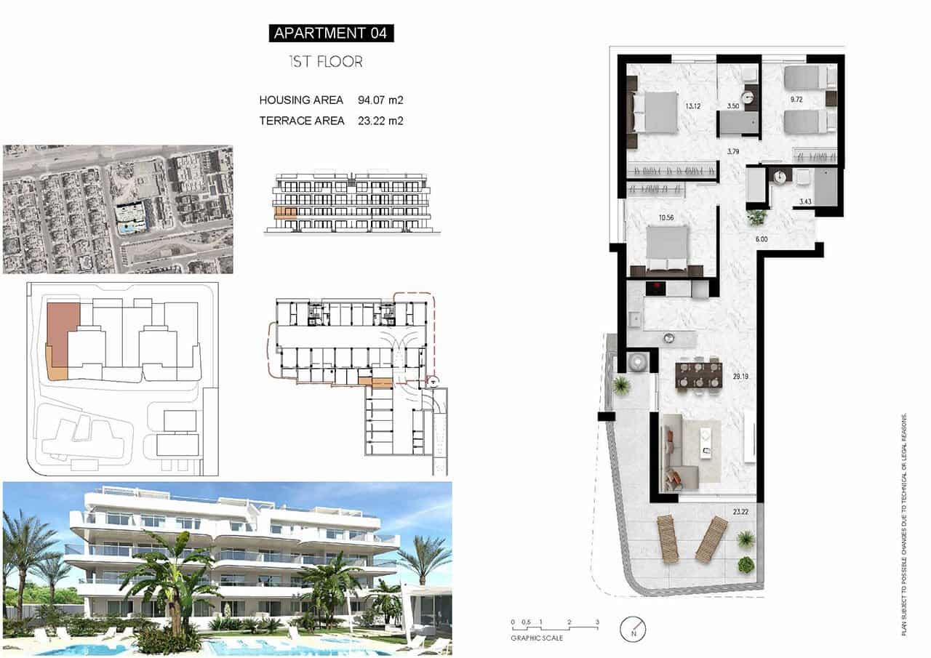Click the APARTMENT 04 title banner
[x=331, y=33]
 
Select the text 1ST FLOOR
[x=325, y=62]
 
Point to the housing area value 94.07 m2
[x=380, y=100]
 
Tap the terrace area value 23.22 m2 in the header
[x=380, y=121]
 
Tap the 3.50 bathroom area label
[x=733, y=107]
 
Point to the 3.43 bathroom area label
[x=804, y=201]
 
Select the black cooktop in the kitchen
[x=656, y=289]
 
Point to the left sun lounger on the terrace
[x=667, y=538]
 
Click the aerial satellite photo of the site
[x=118, y=209]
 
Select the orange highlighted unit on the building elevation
[x=285, y=212]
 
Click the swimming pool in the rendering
[x=240, y=646]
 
